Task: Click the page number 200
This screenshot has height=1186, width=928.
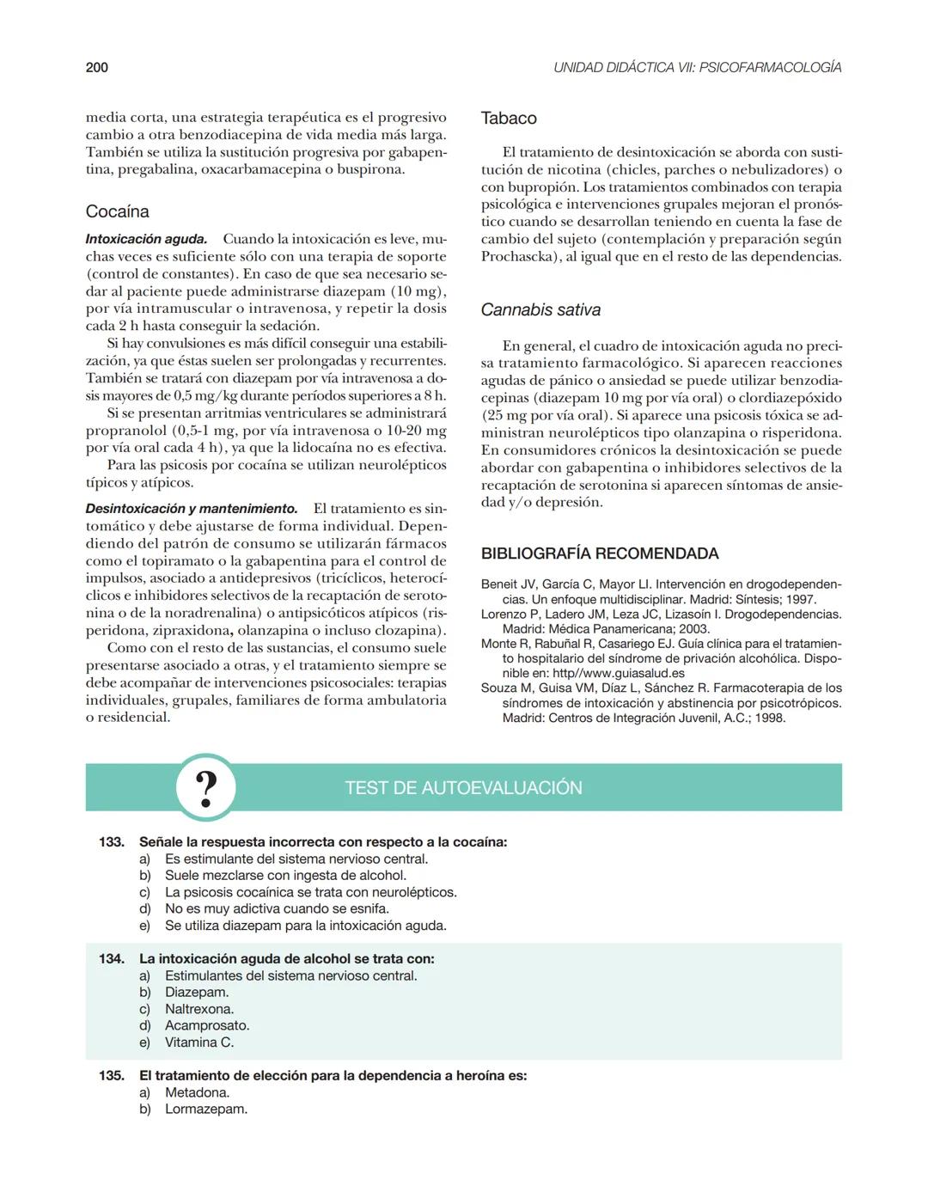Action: tap(96, 67)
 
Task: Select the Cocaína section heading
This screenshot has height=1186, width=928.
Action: tap(117, 211)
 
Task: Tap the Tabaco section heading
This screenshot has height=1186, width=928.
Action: tap(509, 119)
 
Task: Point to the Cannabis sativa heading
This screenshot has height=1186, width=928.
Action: tap(540, 310)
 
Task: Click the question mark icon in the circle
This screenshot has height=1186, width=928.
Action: tap(205, 787)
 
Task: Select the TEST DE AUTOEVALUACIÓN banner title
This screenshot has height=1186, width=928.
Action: tap(463, 788)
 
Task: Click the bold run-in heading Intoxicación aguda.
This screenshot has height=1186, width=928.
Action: tap(146, 239)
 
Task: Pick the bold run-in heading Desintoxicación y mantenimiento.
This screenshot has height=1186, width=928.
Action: tap(192, 509)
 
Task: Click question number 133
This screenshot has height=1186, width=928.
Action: tap(112, 842)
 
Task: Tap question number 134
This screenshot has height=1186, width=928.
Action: tap(112, 959)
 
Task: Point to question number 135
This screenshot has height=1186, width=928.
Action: tap(112, 1076)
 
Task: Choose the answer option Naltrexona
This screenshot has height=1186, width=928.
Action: tap(199, 1009)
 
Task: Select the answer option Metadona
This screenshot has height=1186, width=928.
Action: tap(197, 1092)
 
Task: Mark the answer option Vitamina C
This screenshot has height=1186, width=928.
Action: tap(199, 1042)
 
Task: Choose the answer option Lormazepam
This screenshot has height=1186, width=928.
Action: tap(206, 1110)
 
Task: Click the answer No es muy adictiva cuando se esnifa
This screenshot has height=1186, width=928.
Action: tap(277, 908)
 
